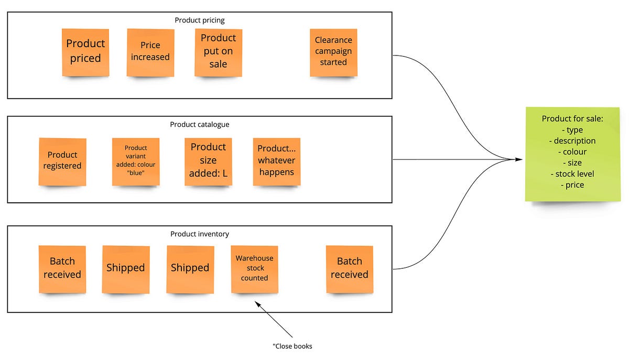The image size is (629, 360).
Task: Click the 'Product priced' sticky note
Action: pyautogui.click(x=85, y=52)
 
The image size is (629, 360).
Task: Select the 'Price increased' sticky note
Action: pyautogui.click(x=150, y=52)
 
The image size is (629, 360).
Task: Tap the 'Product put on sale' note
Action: pyautogui.click(x=218, y=52)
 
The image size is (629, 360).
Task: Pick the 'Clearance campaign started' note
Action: pyautogui.click(x=333, y=52)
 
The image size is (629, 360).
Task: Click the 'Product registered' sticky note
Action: pyautogui.click(x=62, y=161)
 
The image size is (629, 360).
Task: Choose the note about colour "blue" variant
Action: pyautogui.click(x=136, y=161)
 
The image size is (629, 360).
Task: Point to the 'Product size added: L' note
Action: pyautogui.click(x=208, y=161)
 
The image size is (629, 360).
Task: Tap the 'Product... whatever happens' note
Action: pyautogui.click(x=276, y=161)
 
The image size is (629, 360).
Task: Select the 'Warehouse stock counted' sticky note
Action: pyautogui.click(x=254, y=269)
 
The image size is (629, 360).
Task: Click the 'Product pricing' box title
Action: pyautogui.click(x=199, y=20)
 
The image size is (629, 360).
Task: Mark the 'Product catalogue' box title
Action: pyautogui.click(x=199, y=125)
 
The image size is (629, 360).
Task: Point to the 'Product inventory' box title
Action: pyautogui.click(x=199, y=234)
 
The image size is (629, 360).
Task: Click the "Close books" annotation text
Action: pyautogui.click(x=292, y=346)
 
